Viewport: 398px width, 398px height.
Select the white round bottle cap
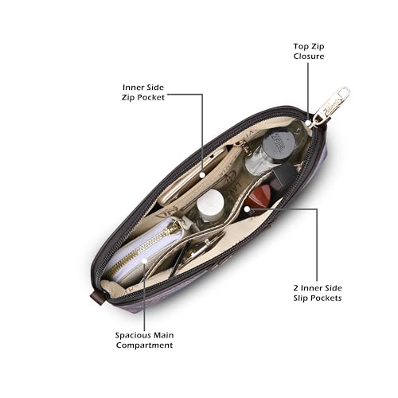pos(210,202)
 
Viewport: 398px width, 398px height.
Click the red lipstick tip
pos(258,197)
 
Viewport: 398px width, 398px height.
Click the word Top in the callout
pos(301,47)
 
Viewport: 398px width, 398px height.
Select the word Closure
pos(309,57)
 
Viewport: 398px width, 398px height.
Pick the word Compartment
pos(144,345)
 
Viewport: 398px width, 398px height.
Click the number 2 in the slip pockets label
pos(296,288)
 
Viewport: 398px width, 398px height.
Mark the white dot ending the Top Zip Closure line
pos(308,123)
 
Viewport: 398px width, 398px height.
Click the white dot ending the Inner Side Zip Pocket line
pos(202,175)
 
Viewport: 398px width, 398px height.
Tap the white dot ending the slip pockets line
pos(247,209)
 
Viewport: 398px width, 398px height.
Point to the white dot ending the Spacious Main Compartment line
pos(144,261)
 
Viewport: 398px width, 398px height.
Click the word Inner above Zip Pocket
pos(132,88)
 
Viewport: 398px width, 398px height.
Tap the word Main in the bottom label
pos(163,335)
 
